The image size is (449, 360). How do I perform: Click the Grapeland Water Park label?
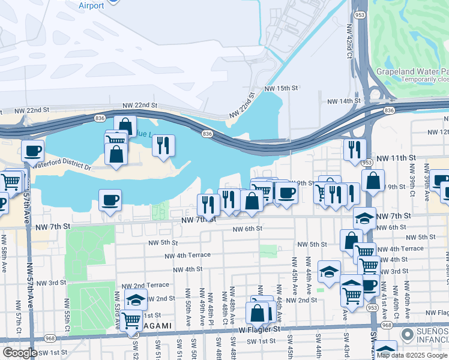412,71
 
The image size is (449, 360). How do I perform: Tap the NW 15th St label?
280,88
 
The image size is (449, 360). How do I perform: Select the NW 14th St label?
342,101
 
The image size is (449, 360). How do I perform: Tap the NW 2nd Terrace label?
145,286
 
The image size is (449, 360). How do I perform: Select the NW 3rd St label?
51,283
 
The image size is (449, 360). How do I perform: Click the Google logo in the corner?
20,352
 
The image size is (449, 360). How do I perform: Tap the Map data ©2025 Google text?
411,355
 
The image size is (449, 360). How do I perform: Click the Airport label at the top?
91,5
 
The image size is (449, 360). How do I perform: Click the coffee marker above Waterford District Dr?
32,151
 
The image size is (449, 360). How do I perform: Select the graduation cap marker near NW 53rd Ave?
136,299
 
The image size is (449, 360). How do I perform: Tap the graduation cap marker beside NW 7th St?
364,218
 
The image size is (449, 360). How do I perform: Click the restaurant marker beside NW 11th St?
355,148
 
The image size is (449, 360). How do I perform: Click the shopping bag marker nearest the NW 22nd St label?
125,126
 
